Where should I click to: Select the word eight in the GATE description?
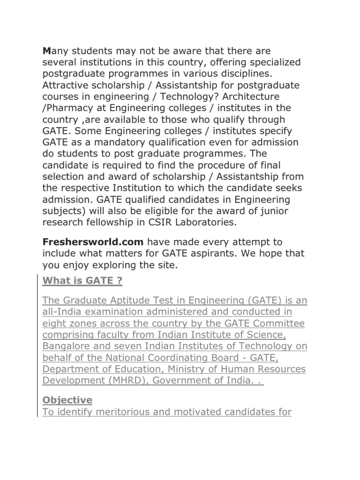(x=53, y=323)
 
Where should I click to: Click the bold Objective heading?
(x=67, y=400)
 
